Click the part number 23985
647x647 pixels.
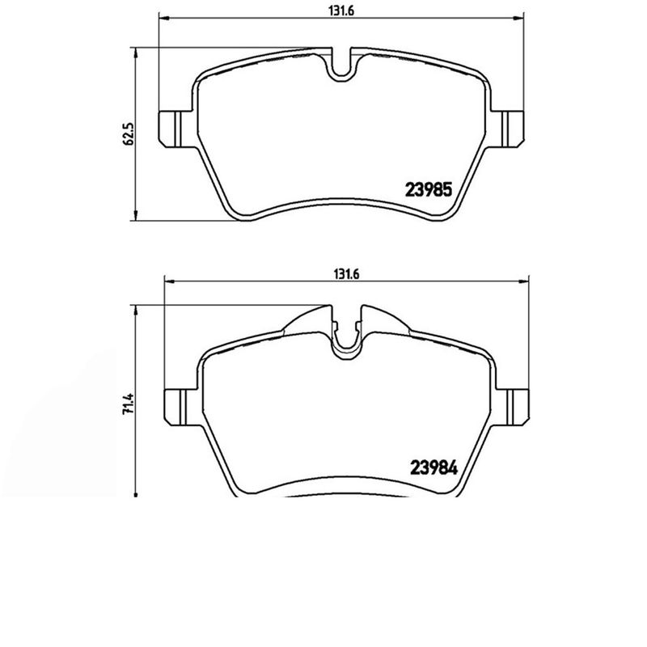(x=426, y=191)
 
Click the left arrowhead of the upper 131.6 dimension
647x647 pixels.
(x=162, y=19)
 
